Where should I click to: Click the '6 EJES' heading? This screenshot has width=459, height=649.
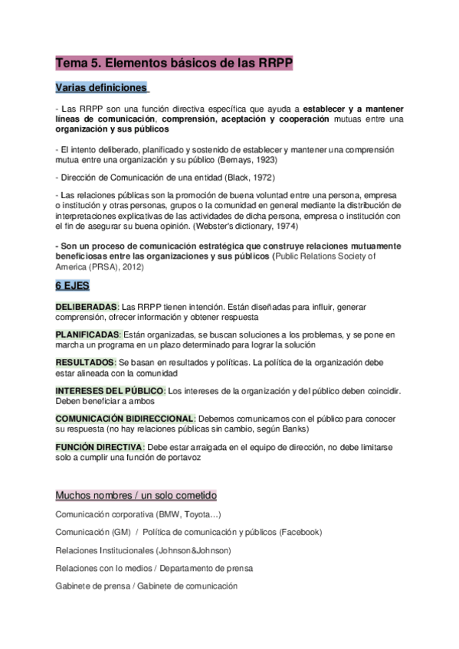(x=72, y=285)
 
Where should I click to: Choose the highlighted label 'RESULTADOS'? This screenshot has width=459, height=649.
(x=84, y=363)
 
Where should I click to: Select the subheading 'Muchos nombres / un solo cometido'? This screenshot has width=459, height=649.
(x=136, y=495)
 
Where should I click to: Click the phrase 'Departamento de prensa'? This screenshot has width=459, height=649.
(x=208, y=568)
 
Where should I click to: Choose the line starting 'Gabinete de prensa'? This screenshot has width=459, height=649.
(x=146, y=586)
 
